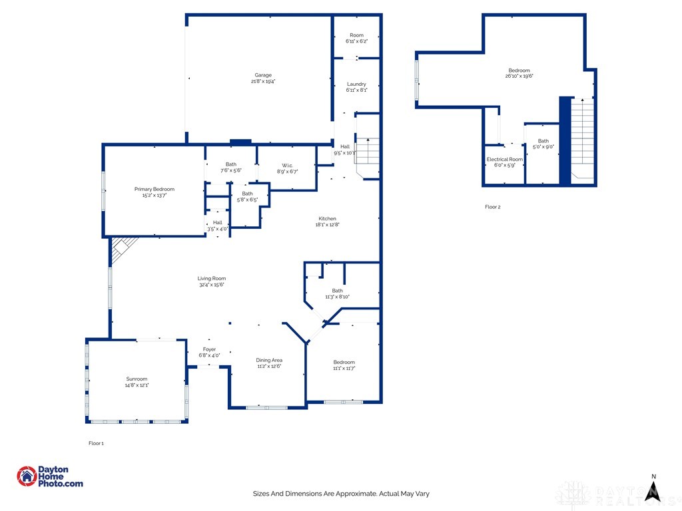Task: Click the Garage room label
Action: click(262, 75)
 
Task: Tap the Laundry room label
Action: click(356, 84)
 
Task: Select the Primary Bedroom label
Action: click(154, 189)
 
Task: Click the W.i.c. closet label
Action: click(287, 165)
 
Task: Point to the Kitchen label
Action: click(327, 218)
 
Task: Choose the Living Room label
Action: click(211, 278)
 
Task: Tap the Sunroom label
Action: click(137, 379)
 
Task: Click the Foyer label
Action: click(209, 349)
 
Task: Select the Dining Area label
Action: click(269, 360)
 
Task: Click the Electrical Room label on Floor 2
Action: click(505, 160)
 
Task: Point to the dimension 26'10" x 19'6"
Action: click(519, 77)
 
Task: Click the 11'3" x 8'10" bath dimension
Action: click(338, 297)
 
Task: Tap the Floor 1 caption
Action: click(97, 443)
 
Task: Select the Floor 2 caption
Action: click(492, 207)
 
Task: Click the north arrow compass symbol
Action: click(653, 489)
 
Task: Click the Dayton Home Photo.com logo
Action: click(50, 476)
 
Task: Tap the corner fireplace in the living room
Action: click(122, 250)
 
